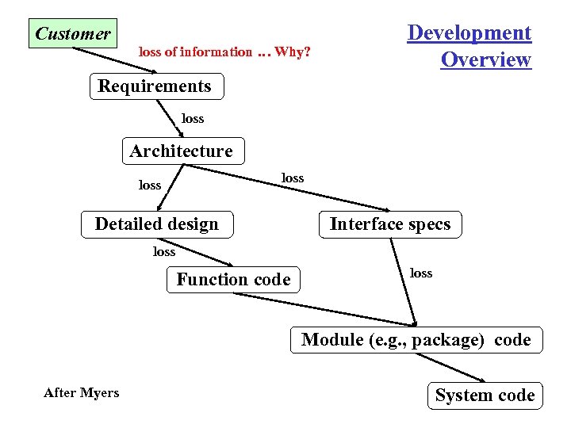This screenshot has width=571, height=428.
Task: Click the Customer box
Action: click(x=73, y=33)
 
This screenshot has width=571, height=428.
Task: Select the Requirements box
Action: click(x=155, y=86)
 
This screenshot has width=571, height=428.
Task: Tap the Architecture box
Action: click(x=182, y=151)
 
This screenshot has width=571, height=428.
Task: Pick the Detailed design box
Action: click(x=157, y=224)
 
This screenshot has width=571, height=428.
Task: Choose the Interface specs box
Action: click(x=389, y=224)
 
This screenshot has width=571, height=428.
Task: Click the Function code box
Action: click(x=234, y=279)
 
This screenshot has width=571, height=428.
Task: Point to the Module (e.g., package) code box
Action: click(x=416, y=340)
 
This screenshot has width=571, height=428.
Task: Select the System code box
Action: click(x=485, y=396)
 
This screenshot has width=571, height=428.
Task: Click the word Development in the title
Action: click(x=469, y=33)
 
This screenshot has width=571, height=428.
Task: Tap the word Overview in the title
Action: click(x=485, y=60)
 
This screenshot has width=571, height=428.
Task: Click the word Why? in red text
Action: click(x=293, y=52)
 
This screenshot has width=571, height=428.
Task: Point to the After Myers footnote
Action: click(x=82, y=393)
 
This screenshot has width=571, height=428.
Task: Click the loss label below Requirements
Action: click(x=193, y=119)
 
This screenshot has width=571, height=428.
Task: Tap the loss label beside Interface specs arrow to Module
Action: click(x=421, y=273)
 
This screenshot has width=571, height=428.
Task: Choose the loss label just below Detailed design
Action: click(x=164, y=252)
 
